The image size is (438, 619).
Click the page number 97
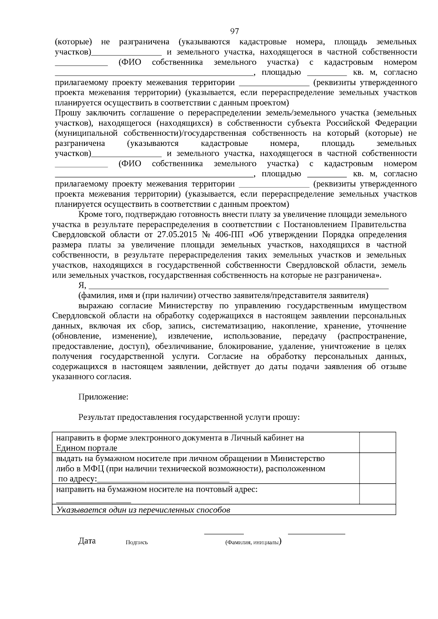tap(234, 31)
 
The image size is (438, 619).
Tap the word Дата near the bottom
tap(87, 541)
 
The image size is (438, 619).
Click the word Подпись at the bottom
tap(137, 542)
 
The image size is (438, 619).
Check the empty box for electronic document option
tap(377, 442)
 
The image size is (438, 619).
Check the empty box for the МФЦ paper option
tap(377, 468)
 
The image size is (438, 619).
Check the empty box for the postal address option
tap(377, 494)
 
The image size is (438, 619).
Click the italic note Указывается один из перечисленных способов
tap(143, 510)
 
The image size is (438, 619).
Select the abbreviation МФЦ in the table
tap(86, 468)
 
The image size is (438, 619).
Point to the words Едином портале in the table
tap(87, 448)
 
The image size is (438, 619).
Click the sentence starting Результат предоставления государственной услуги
tap(189, 417)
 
